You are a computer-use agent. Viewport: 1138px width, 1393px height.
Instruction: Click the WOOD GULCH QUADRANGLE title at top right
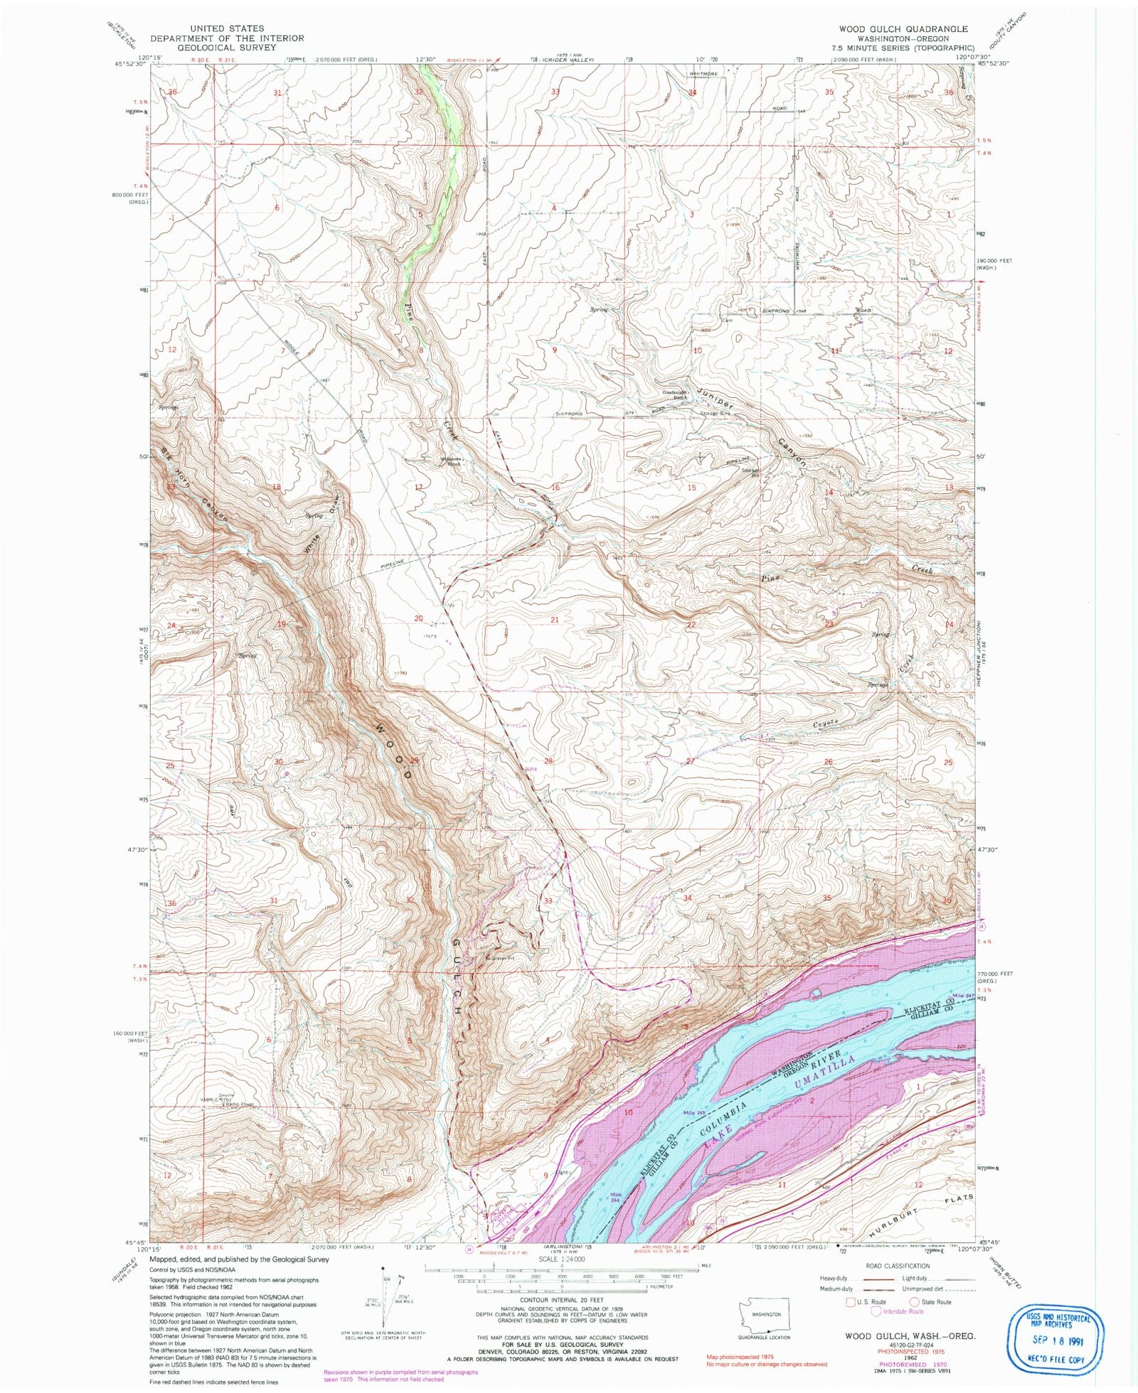tap(903, 29)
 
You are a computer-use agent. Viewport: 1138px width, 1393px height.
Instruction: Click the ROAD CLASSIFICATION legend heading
tap(897, 1266)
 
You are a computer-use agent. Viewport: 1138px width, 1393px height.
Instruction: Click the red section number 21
tap(555, 620)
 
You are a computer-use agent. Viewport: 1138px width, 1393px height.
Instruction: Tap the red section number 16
tap(555, 487)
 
